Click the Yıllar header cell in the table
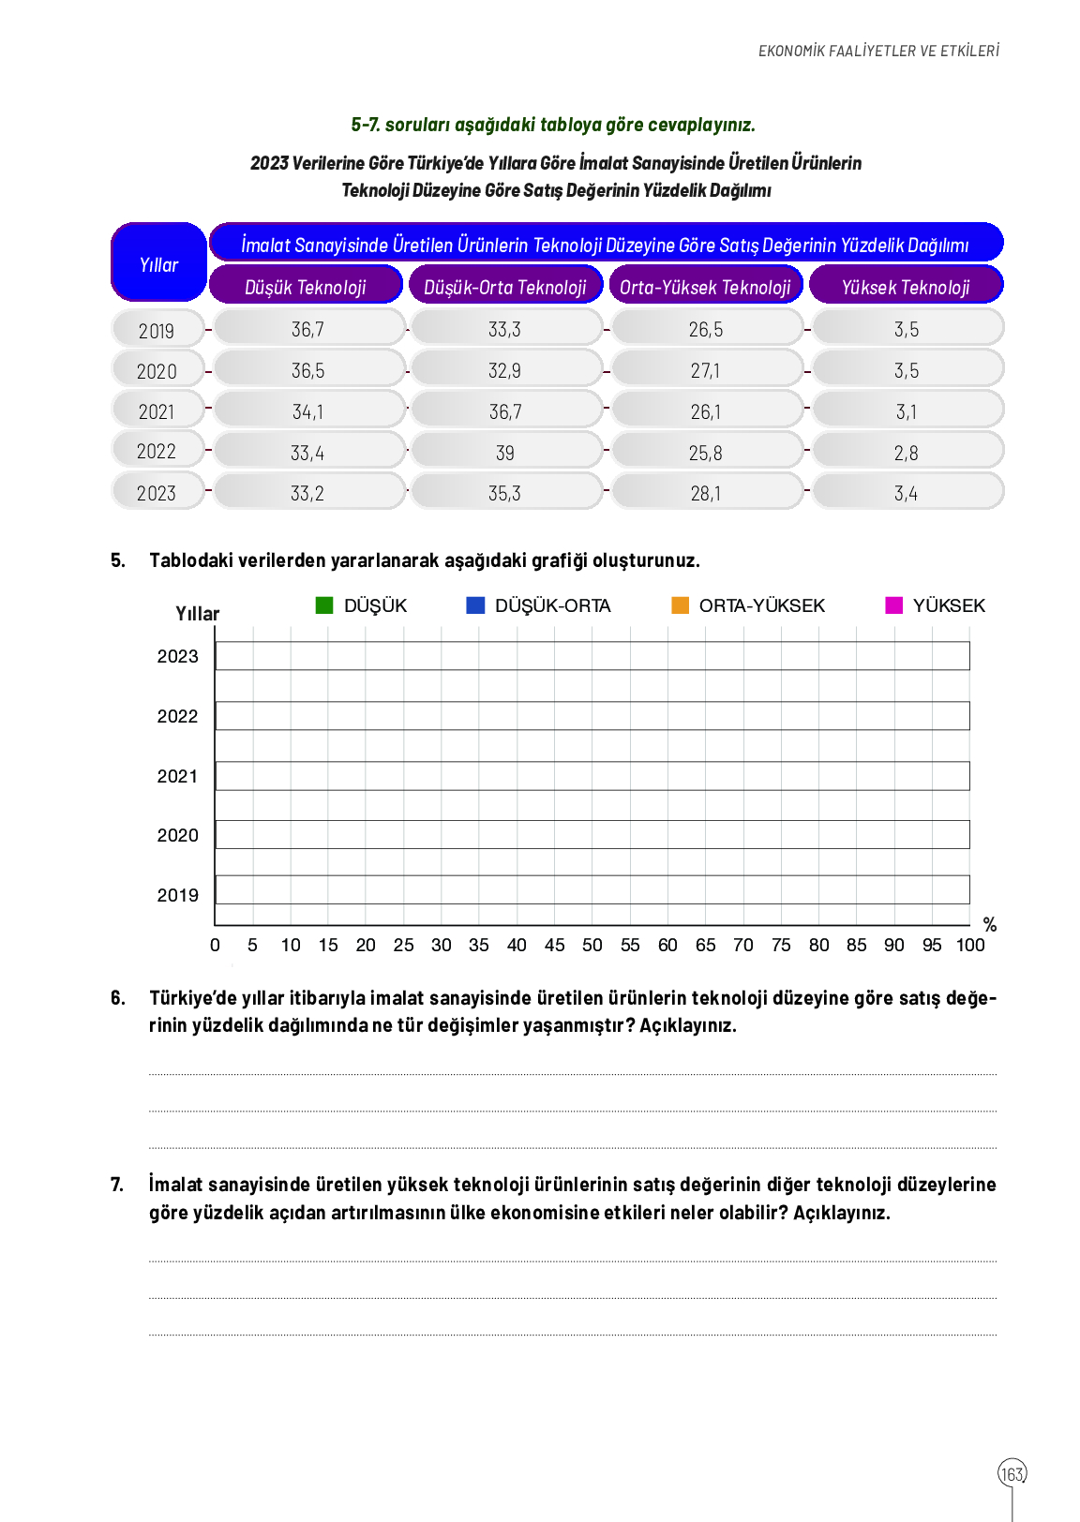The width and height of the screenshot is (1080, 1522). (x=158, y=264)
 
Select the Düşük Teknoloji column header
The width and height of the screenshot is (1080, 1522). (x=306, y=287)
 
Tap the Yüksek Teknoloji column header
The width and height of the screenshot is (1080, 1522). (x=906, y=287)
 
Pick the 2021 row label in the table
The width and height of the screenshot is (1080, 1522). (x=157, y=411)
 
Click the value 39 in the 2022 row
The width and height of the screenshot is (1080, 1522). (x=505, y=453)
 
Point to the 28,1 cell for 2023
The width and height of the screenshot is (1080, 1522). (x=706, y=493)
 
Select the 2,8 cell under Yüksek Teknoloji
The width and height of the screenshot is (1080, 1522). (x=907, y=453)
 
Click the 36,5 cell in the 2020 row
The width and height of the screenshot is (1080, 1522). (x=307, y=370)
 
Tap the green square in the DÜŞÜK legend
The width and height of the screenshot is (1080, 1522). (x=324, y=605)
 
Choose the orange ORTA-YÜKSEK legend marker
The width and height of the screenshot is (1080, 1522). (x=681, y=605)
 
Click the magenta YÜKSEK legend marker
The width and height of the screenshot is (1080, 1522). (x=894, y=605)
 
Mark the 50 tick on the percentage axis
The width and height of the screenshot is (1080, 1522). (x=592, y=945)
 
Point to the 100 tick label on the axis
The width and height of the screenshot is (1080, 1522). (x=970, y=945)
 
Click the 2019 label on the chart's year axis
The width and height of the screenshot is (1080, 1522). (x=177, y=895)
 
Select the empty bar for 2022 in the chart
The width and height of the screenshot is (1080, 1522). (x=592, y=716)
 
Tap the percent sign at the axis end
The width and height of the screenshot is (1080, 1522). (x=990, y=925)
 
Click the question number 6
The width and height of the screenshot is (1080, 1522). (x=117, y=998)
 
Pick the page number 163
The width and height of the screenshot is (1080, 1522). (x=1012, y=1474)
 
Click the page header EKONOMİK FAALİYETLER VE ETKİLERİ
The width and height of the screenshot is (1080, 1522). (x=878, y=51)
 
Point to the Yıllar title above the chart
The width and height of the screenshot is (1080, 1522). (x=197, y=614)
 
